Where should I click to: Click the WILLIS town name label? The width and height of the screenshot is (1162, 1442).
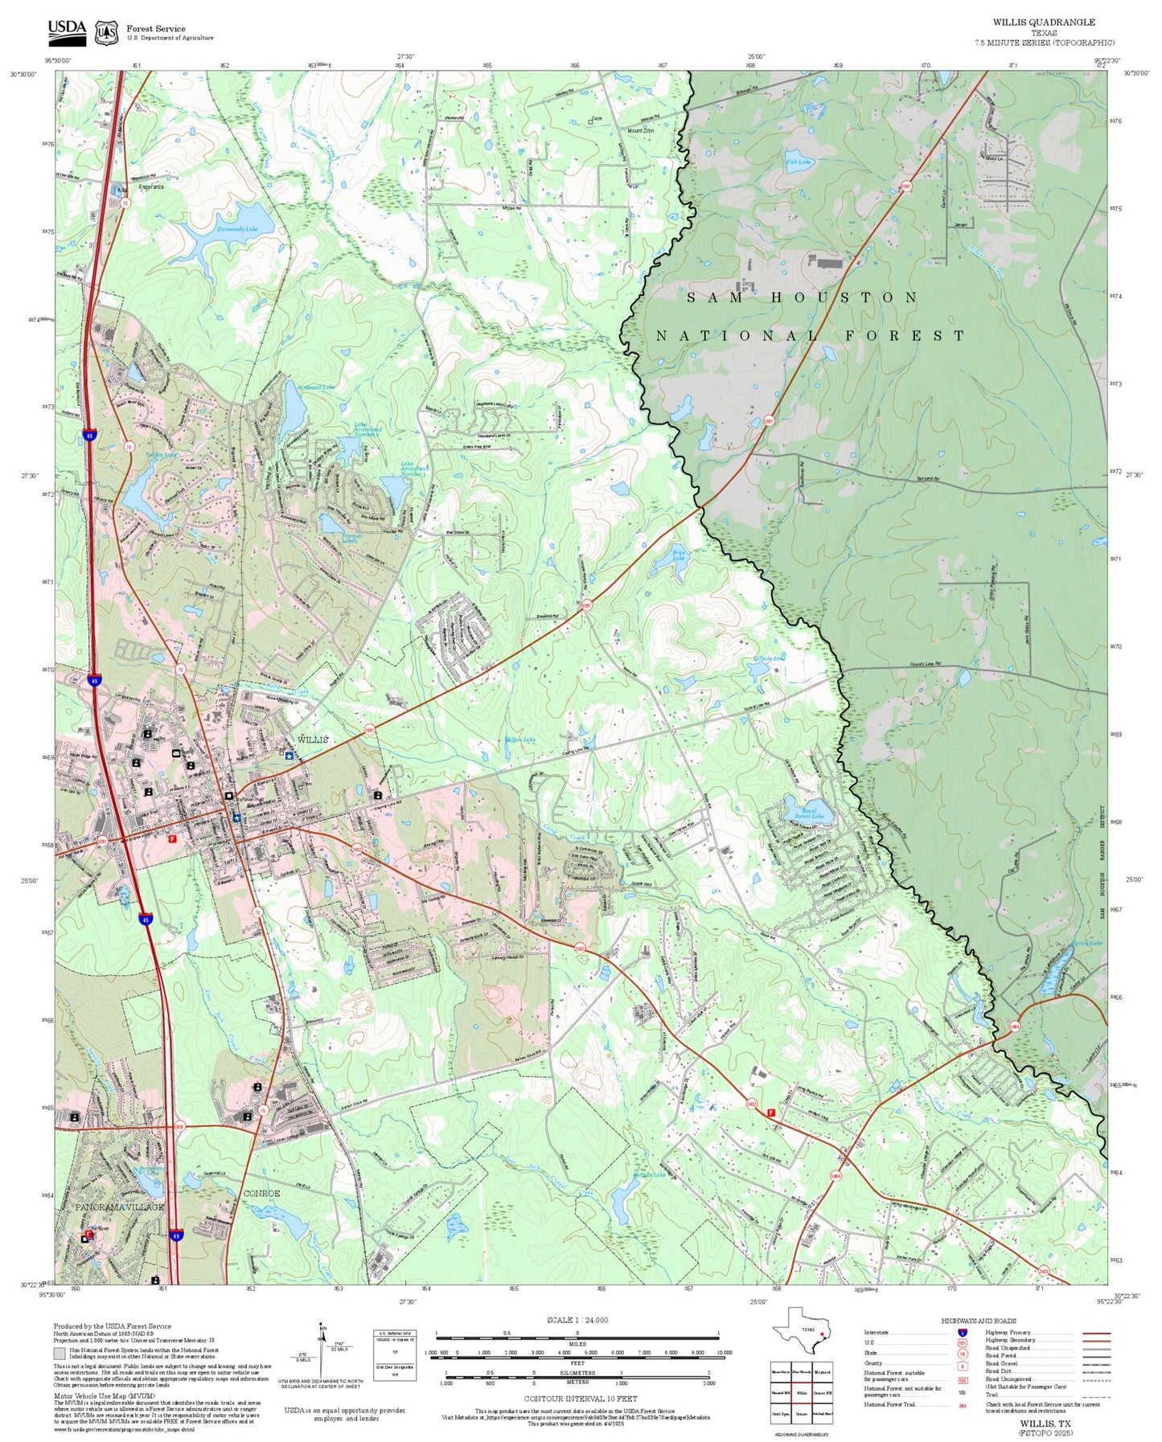tap(313, 739)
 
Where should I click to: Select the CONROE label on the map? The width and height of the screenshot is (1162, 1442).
tap(261, 1194)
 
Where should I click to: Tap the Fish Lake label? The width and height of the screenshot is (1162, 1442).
tap(798, 162)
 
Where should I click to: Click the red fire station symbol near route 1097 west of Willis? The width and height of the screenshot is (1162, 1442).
tap(171, 838)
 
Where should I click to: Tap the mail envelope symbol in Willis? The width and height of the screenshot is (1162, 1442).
tap(176, 753)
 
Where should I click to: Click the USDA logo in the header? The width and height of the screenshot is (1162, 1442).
tap(67, 31)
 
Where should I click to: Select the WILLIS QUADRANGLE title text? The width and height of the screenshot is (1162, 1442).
tap(1043, 22)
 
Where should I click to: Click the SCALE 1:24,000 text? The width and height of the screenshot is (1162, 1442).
tap(577, 1320)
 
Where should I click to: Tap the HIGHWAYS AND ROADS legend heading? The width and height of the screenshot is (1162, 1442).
tap(978, 1321)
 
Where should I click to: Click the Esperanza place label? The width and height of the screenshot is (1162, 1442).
tap(150, 187)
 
